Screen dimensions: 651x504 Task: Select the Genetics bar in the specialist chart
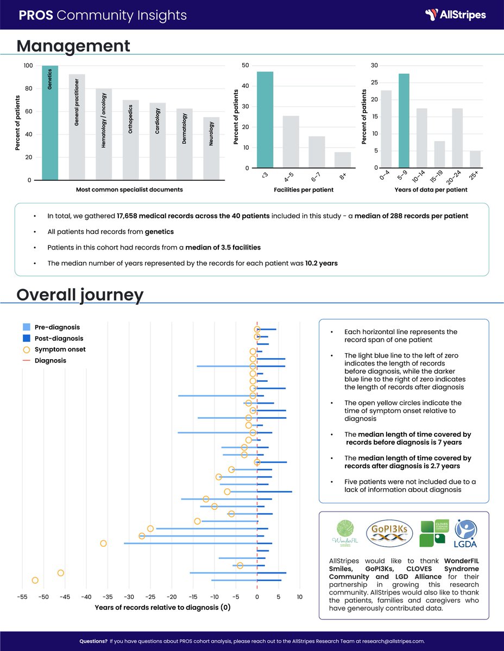click(x=50, y=123)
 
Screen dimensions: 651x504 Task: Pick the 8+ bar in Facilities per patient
click(x=342, y=161)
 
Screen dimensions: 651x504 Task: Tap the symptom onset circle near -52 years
click(x=35, y=580)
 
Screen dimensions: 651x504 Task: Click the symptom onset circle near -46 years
click(x=60, y=573)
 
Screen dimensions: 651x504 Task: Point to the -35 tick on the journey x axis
click(x=108, y=597)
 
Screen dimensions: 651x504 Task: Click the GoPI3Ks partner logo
click(x=389, y=534)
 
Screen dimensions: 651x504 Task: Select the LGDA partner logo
click(x=465, y=534)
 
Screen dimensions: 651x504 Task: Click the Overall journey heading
click(x=80, y=295)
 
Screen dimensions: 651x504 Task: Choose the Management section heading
click(x=73, y=46)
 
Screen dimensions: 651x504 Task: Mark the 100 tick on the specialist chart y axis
click(x=28, y=66)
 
